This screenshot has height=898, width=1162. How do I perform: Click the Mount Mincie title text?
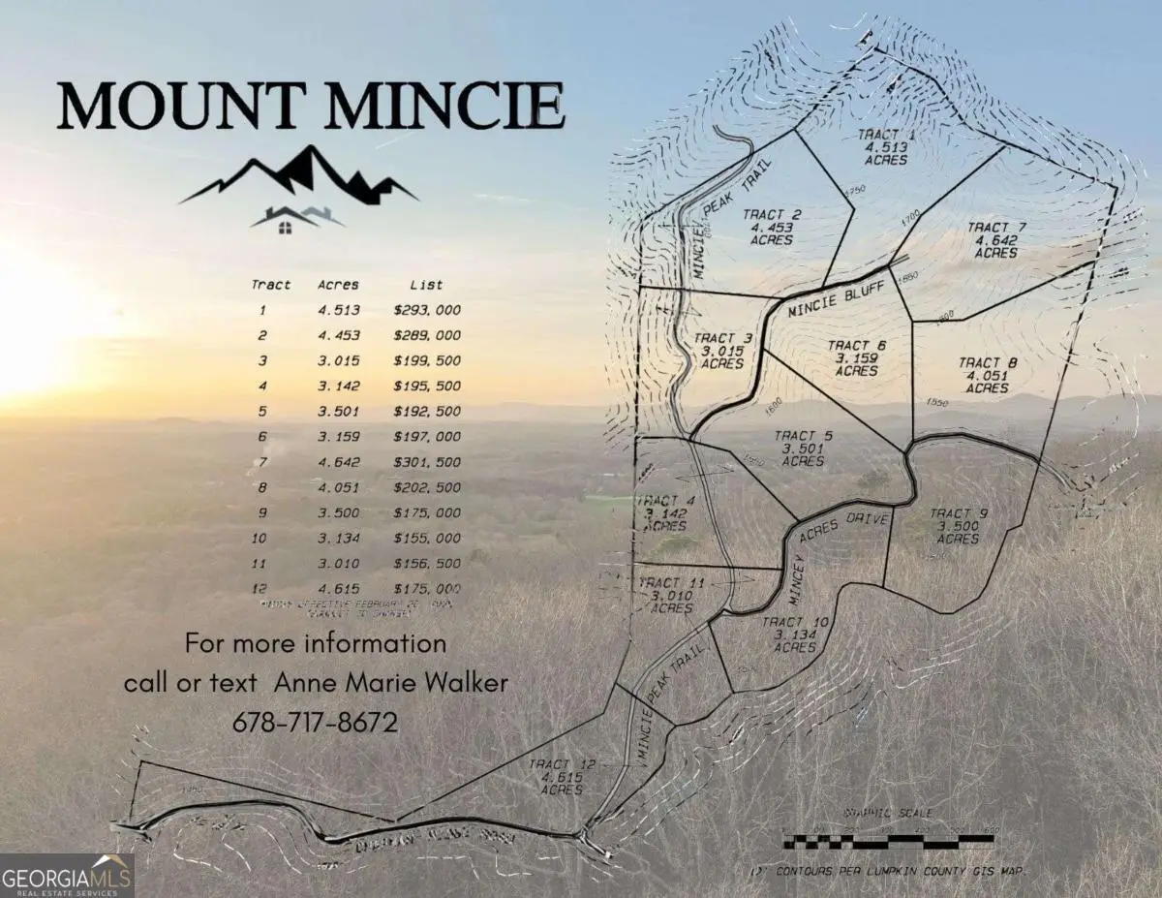coord(310,107)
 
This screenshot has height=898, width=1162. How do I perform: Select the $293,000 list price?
coord(427,310)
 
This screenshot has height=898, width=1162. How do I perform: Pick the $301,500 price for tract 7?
coord(427,462)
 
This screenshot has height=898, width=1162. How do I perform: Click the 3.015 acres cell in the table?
coord(339,360)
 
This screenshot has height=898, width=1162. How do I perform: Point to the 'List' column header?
coord(426,285)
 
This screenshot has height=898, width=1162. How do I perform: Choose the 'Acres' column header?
coord(339,285)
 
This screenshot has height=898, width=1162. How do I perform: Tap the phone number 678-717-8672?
coord(316,723)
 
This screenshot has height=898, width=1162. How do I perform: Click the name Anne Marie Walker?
coord(391,683)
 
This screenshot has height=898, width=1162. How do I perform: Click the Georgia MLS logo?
coord(66,875)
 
